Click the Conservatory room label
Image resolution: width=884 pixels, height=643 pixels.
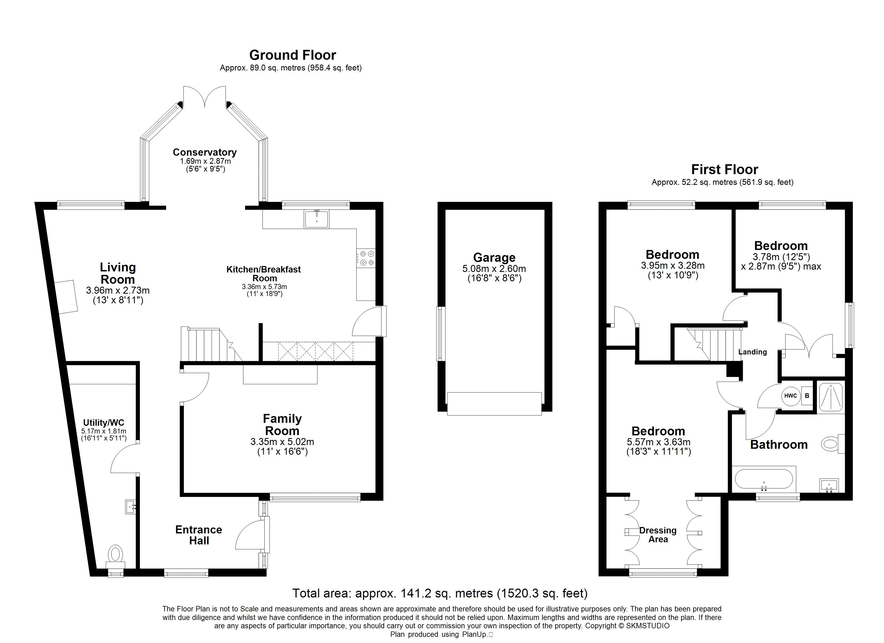[205, 152]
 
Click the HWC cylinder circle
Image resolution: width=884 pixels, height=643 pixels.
[791, 395]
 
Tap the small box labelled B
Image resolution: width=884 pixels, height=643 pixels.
[807, 395]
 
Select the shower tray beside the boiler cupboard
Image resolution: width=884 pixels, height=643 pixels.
[831, 397]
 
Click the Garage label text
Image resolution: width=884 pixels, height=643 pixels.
[494, 257]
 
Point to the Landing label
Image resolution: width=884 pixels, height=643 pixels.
[752, 352]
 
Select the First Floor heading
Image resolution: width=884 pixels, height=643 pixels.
[725, 170]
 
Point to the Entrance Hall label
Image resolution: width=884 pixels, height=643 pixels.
[199, 535]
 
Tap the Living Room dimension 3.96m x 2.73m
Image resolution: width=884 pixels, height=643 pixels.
[118, 290]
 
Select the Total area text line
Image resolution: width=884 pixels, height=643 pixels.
[440, 593]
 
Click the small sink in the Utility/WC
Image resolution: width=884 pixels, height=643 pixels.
[130, 507]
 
